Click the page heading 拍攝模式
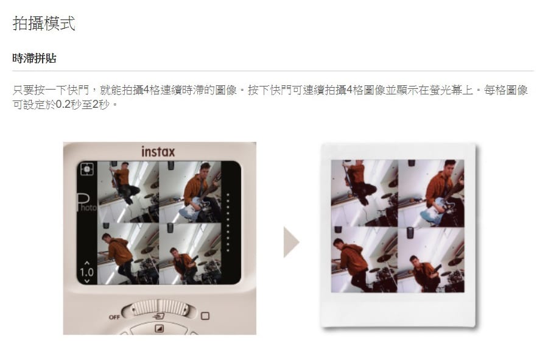(44, 23)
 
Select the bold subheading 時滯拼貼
(34, 58)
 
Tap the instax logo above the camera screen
(158, 152)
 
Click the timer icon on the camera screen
(86, 169)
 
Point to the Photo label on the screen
(86, 203)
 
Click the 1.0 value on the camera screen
(86, 272)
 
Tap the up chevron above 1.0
(87, 263)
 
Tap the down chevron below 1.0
(87, 280)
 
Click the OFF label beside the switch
(114, 317)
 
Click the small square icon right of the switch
(205, 316)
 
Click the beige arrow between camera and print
(291, 242)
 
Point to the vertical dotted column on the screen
(228, 222)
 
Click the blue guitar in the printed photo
(434, 209)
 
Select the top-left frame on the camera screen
(128, 192)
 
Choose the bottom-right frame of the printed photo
(431, 259)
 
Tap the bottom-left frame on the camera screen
(128, 254)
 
